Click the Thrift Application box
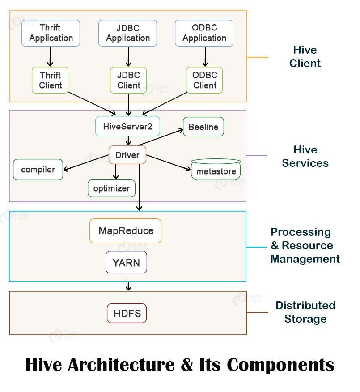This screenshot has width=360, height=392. (x=51, y=33)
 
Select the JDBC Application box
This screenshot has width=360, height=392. (x=128, y=33)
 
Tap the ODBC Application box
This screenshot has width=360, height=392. (x=204, y=33)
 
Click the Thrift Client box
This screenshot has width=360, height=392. (x=50, y=80)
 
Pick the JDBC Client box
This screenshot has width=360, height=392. (x=128, y=80)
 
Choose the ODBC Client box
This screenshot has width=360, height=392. (x=205, y=80)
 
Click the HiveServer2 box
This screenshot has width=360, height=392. (x=127, y=127)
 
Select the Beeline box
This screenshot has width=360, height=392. (x=203, y=127)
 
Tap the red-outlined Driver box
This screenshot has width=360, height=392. (x=127, y=155)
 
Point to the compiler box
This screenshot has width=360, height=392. (x=38, y=170)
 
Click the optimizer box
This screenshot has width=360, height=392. (x=111, y=188)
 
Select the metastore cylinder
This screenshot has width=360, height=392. (x=216, y=170)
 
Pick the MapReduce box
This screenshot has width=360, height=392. (x=126, y=231)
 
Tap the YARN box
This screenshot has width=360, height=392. (x=126, y=263)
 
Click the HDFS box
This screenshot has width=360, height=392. (x=127, y=313)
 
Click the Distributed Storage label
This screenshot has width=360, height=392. (x=305, y=312)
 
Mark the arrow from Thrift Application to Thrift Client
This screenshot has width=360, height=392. (x=50, y=56)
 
